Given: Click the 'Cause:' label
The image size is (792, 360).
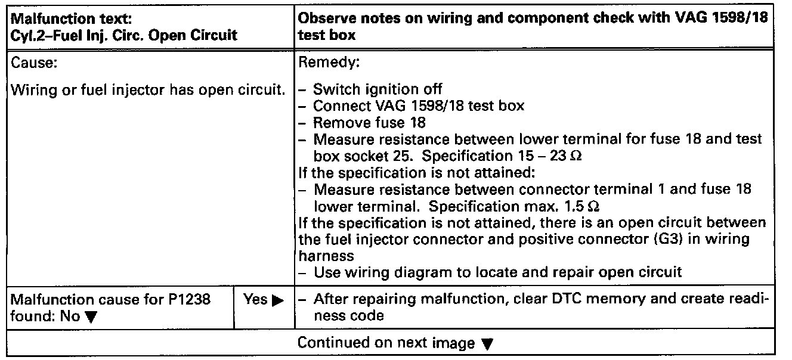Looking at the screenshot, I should tap(34, 62).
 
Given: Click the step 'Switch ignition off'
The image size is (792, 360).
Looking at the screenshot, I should tap(378, 90).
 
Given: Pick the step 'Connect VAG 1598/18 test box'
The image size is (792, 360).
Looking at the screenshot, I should tap(419, 106).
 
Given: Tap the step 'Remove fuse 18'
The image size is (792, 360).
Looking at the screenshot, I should tap(369, 123).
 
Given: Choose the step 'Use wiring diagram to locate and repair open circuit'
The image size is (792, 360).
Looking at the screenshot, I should tap(497, 273).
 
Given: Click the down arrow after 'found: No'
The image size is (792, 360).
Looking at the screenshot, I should tap(90, 316).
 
